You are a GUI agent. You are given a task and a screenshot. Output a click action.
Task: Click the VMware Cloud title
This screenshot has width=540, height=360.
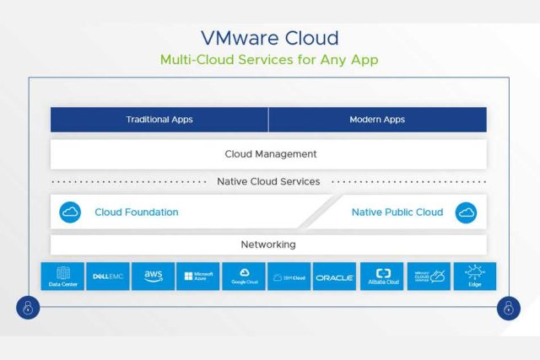coord(270,38)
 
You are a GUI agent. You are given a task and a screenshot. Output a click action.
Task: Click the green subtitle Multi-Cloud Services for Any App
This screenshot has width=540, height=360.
coord(269,60)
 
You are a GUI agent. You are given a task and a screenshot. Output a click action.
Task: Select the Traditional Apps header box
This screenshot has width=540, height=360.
coord(159,120)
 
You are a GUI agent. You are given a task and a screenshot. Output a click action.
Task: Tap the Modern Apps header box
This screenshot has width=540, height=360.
coord(377,120)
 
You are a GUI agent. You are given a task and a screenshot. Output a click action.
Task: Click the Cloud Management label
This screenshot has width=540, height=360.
coord(270,154)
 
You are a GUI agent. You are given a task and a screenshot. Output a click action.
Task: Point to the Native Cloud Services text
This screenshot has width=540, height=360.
coord(268,181)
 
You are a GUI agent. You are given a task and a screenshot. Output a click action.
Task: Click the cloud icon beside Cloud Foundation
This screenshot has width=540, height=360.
coord(70,212)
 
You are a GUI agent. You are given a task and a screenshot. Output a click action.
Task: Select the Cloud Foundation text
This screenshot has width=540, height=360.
coord(137,212)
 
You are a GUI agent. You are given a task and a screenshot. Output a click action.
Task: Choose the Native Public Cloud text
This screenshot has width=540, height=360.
coord(397,212)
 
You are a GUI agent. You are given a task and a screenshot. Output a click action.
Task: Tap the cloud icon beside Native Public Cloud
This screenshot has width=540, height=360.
coord(466,212)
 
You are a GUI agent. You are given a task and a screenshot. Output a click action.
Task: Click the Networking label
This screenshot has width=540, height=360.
coord(268,244)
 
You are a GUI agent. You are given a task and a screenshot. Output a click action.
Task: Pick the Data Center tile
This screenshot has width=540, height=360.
coord(63,277)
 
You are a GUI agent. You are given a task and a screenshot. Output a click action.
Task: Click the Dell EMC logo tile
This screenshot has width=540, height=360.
coord(108,277)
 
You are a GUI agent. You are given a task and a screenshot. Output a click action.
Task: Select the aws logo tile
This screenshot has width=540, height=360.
coord(154,277)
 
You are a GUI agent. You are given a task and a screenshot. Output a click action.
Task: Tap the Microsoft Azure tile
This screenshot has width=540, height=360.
coord(198,277)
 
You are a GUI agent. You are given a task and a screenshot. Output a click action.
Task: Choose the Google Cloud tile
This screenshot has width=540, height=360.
coord(244,277)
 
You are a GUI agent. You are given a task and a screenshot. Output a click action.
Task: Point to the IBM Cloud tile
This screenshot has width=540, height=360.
coord(289,277)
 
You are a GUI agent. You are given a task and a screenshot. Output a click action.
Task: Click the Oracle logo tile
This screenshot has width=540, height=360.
coord(335,277)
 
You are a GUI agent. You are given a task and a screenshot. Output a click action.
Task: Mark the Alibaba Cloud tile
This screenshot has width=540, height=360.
coord(382,277)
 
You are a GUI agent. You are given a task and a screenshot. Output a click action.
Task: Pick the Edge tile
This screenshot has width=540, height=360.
coord(474,277)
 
